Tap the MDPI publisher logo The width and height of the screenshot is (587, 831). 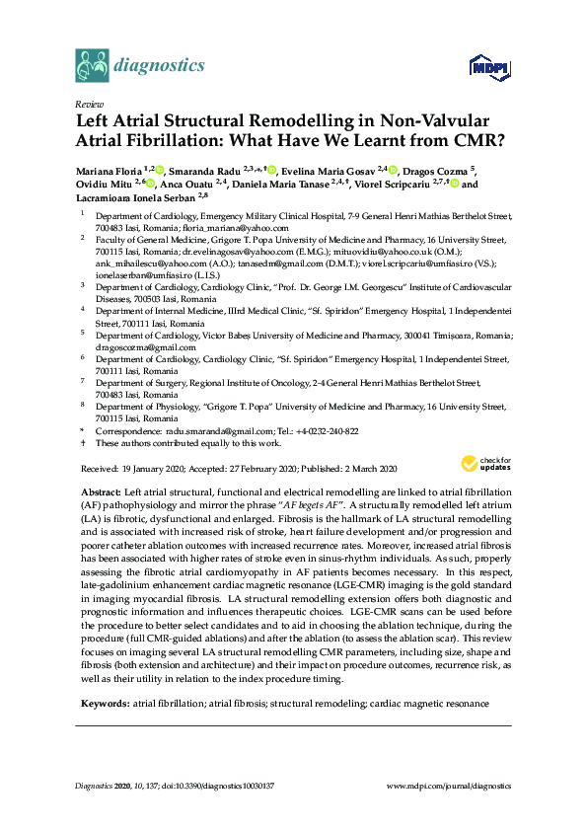click(x=487, y=68)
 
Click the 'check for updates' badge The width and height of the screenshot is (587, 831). click(x=482, y=463)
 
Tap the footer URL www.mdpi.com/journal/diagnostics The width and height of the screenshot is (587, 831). click(x=449, y=786)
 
